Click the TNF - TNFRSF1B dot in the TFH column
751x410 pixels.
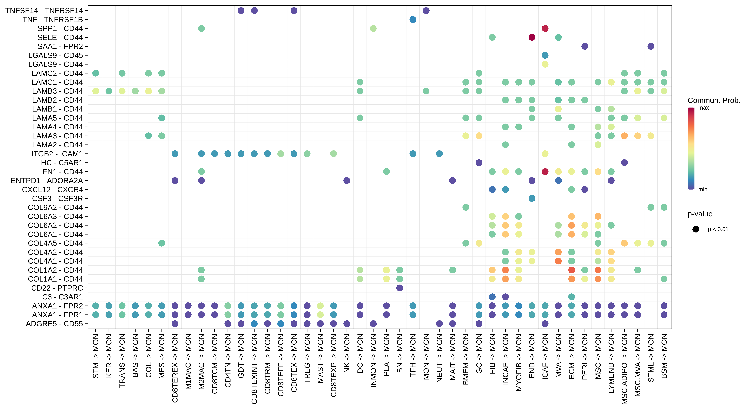coord(413,20)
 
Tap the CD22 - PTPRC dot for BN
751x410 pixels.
coord(399,288)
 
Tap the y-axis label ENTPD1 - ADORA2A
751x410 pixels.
coord(47,181)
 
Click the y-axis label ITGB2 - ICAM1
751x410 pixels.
coord(57,154)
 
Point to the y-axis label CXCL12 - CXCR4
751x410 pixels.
coord(52,190)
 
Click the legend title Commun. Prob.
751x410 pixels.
coord(714,100)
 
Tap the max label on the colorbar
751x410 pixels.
coord(703,108)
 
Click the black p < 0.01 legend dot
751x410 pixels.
coord(696,229)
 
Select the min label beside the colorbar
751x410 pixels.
coord(703,189)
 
